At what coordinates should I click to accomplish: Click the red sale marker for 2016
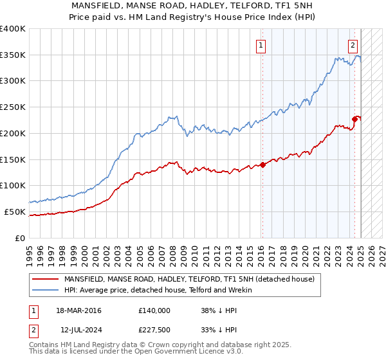(262, 165)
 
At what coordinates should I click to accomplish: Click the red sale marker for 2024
(354, 118)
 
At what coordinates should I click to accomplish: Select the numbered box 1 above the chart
(261, 45)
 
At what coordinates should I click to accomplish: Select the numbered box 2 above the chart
(353, 45)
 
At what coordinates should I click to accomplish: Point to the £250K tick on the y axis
(13, 107)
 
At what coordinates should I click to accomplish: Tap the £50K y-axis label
(15, 212)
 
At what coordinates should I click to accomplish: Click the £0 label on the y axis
(21, 238)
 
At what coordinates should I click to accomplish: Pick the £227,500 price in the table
(154, 330)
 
